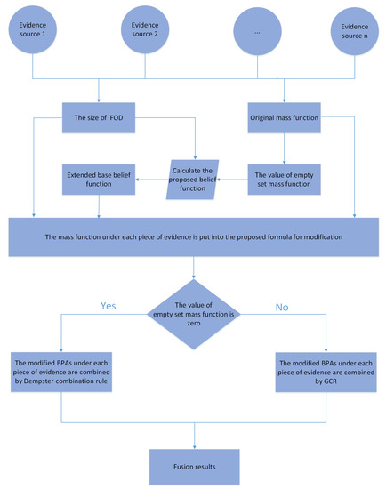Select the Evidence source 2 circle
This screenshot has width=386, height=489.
146,32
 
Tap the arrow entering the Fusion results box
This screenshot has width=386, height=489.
194,433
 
